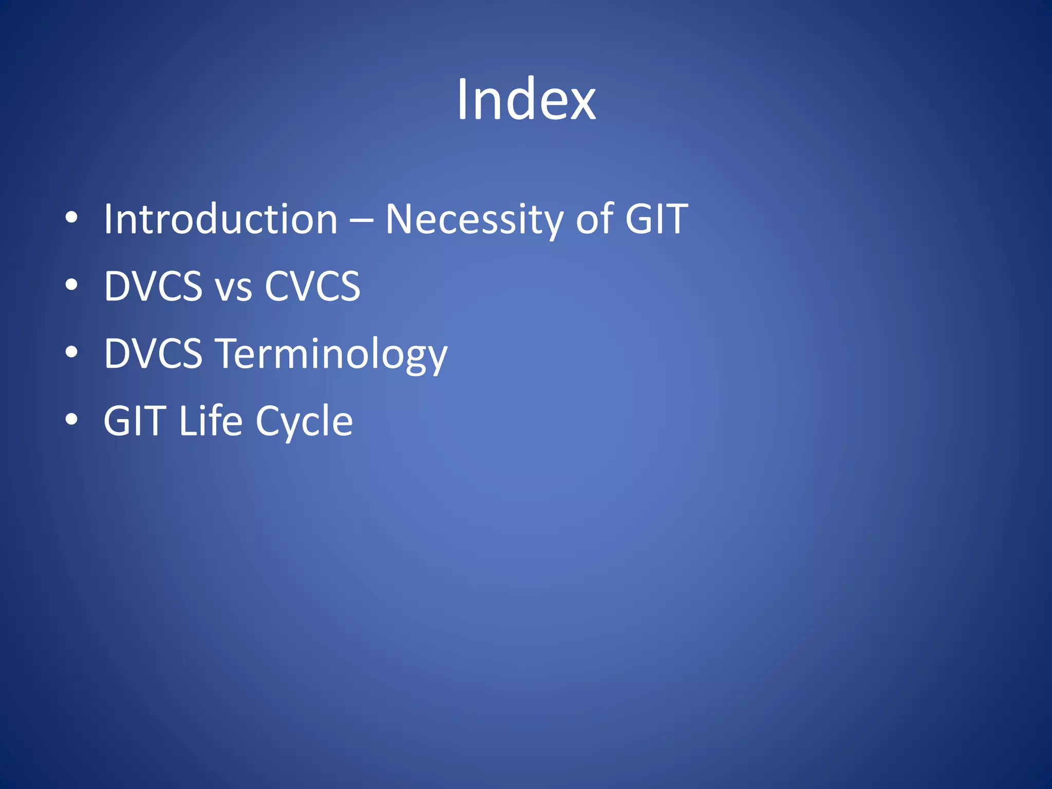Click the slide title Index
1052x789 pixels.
(x=526, y=100)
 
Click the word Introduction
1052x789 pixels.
(x=221, y=219)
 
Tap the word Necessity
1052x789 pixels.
(x=474, y=219)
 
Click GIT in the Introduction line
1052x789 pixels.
(x=656, y=219)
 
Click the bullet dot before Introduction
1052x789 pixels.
(x=71, y=218)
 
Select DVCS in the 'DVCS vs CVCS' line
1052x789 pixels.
(x=153, y=286)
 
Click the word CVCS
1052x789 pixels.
(x=312, y=286)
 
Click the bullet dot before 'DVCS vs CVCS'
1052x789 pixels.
(x=71, y=285)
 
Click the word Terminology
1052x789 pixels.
(x=331, y=354)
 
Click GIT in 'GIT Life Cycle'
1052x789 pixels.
(x=135, y=421)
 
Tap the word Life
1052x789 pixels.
(x=211, y=421)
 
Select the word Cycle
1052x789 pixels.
(x=304, y=422)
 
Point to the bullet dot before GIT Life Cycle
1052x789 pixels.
(x=71, y=419)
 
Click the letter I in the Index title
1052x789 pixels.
(x=461, y=100)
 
